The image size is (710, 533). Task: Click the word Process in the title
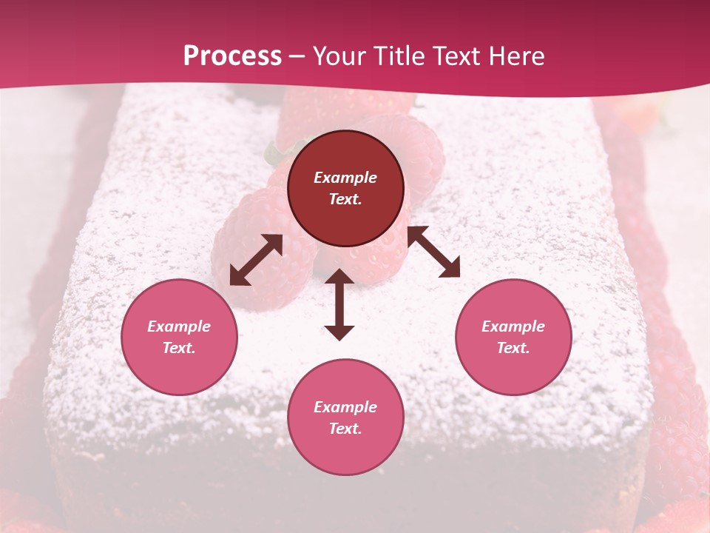point(232,56)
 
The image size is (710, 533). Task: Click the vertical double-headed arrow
point(339,304)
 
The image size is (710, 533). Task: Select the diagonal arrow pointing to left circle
point(256,260)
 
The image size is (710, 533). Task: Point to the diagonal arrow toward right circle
point(433,252)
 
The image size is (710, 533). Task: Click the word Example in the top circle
point(345,178)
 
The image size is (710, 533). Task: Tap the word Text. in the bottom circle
point(345,429)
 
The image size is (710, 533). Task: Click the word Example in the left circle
point(179,326)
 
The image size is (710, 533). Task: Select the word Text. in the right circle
point(513,348)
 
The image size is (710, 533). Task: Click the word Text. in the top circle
point(345,199)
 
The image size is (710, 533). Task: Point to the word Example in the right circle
point(513,326)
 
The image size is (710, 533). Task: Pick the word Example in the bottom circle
point(345,407)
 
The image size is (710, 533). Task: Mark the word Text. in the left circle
point(179,348)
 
